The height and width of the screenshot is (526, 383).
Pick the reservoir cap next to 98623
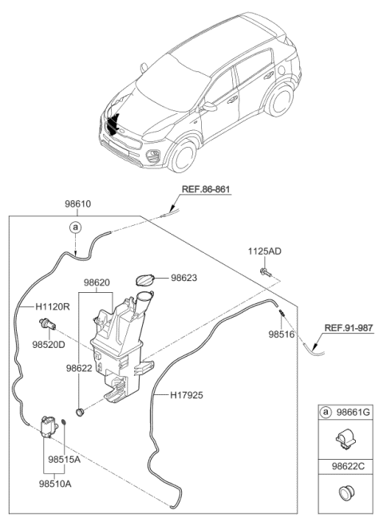[145, 283]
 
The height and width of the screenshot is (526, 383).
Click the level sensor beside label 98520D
[46, 325]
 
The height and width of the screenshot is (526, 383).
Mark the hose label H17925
[188, 394]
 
